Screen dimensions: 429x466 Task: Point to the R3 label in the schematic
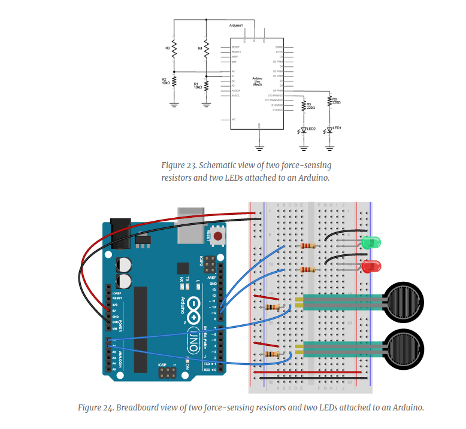pos(168,47)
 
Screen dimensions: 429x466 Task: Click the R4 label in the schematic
pos(200,47)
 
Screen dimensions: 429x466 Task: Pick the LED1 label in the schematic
pos(337,128)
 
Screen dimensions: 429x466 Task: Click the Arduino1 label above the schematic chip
pos(237,26)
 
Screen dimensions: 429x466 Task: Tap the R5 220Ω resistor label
pos(310,105)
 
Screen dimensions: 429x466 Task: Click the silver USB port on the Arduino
pos(190,226)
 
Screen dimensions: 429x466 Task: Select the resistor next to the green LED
pos(309,245)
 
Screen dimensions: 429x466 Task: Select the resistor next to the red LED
pos(309,269)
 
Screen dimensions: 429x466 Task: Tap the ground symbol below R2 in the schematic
pos(174,104)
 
